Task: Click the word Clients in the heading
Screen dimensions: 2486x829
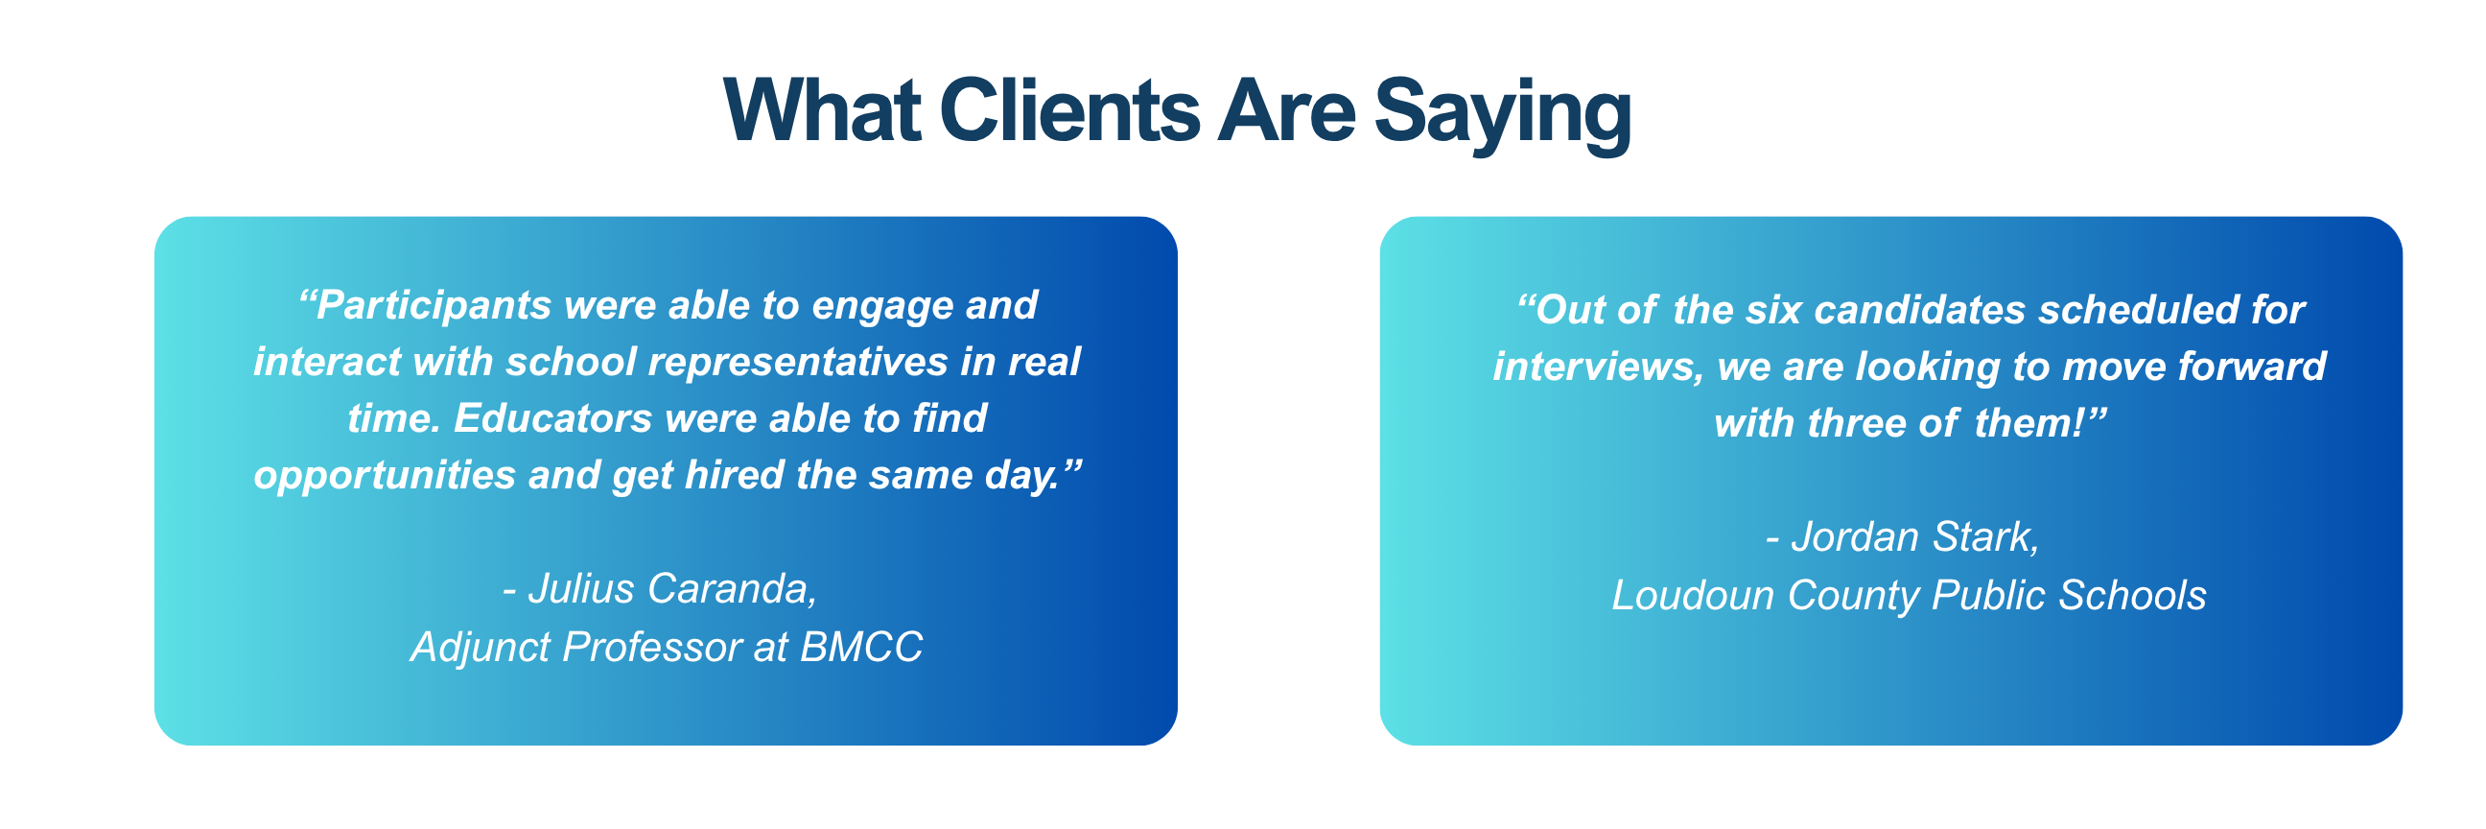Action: (x=1069, y=111)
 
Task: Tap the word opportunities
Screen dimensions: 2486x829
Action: (x=385, y=476)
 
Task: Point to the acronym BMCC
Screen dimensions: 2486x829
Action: (x=861, y=647)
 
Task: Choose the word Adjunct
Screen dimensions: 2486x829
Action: (x=480, y=648)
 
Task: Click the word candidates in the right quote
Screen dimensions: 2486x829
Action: (x=1919, y=310)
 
